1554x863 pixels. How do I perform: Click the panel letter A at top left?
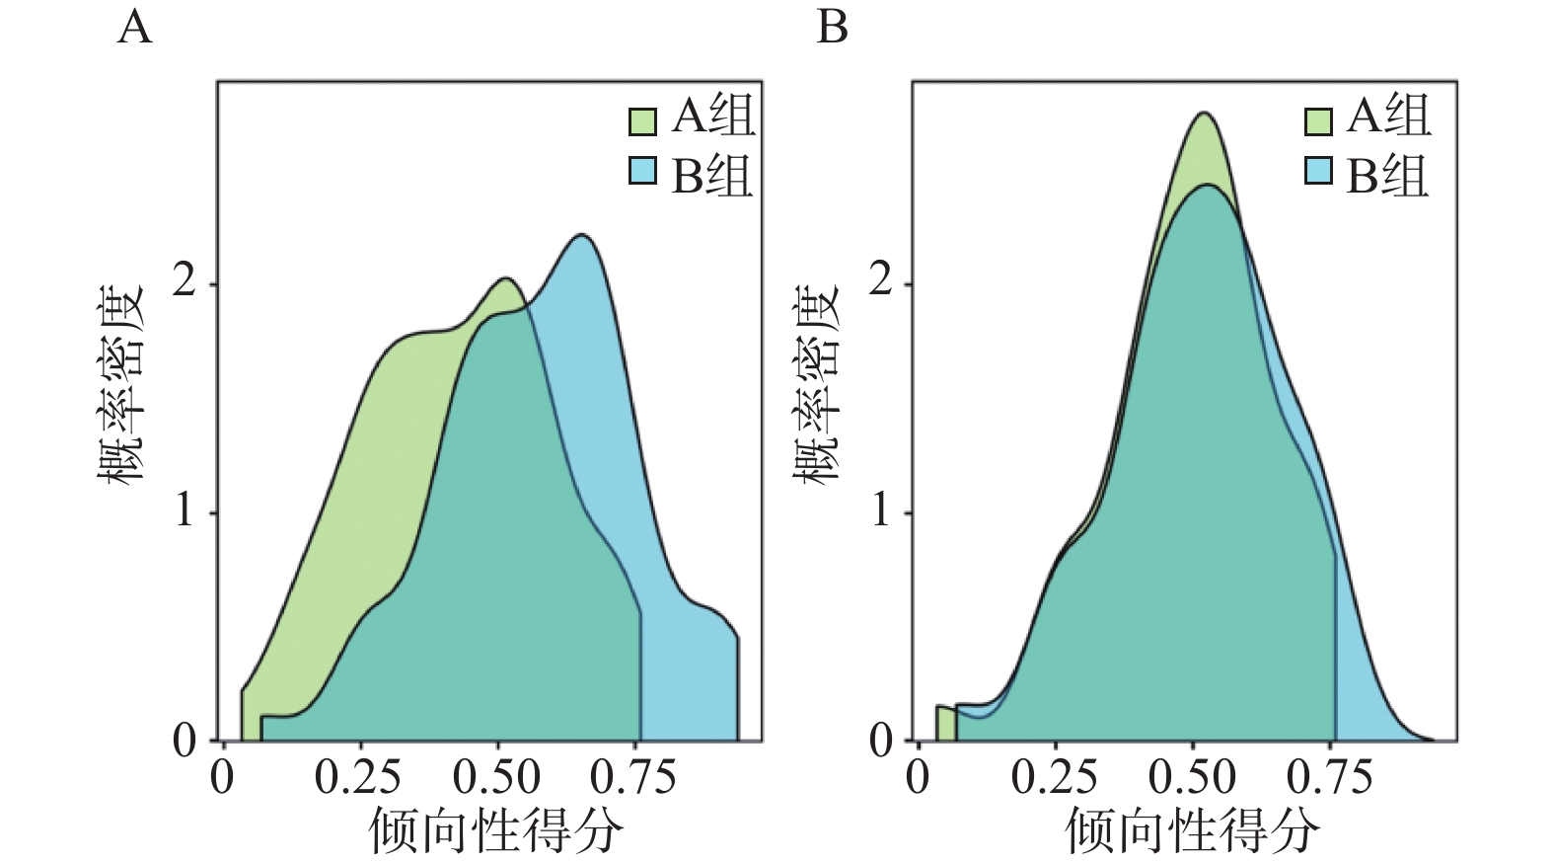pos(135,27)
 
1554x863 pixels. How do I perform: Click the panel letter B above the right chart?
pos(832,27)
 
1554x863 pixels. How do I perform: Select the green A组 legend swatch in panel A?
pos(642,120)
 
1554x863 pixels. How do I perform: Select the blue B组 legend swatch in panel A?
pos(642,172)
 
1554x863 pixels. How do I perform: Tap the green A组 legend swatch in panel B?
pos(1318,120)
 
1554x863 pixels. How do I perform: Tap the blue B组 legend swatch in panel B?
pos(1318,172)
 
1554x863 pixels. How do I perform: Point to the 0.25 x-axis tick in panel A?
pos(357,777)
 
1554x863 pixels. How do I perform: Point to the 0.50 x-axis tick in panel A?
pos(496,777)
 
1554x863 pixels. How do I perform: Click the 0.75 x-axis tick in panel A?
pos(633,777)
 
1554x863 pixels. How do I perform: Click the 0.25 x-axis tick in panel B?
pos(1054,777)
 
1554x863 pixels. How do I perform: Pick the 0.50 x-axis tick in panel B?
pos(1192,777)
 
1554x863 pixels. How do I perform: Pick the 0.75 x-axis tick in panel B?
pos(1329,777)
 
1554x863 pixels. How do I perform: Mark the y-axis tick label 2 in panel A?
pos(185,282)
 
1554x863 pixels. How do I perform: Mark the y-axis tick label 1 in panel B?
pos(881,511)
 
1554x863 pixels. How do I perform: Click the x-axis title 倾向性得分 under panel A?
pos(496,829)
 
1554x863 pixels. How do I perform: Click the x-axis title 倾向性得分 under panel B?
pos(1192,829)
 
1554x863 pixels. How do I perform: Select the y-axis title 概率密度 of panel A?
pos(120,383)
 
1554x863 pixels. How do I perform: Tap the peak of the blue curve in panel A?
pos(581,235)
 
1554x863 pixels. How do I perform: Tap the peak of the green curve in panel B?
pos(1204,113)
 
